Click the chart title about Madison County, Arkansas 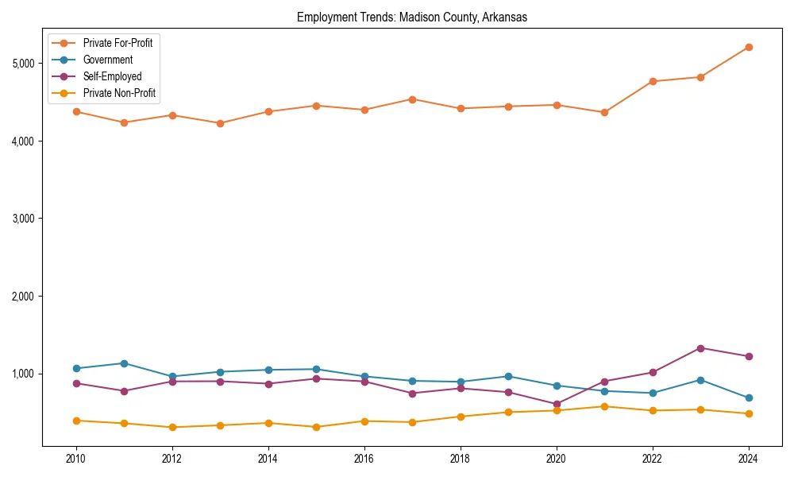(411, 17)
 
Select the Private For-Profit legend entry (118, 43)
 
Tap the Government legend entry (107, 60)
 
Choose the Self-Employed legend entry (112, 76)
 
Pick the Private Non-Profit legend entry (119, 93)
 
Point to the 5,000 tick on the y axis (25, 64)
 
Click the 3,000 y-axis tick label (25, 219)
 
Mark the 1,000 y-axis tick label (25, 374)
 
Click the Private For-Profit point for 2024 (748, 47)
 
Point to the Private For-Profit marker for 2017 (412, 99)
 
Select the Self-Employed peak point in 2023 (700, 348)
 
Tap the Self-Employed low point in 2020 (557, 404)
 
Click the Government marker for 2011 (124, 363)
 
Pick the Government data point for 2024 (748, 397)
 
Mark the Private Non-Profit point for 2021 (604, 406)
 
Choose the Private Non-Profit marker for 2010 (76, 421)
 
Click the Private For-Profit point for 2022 (653, 81)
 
